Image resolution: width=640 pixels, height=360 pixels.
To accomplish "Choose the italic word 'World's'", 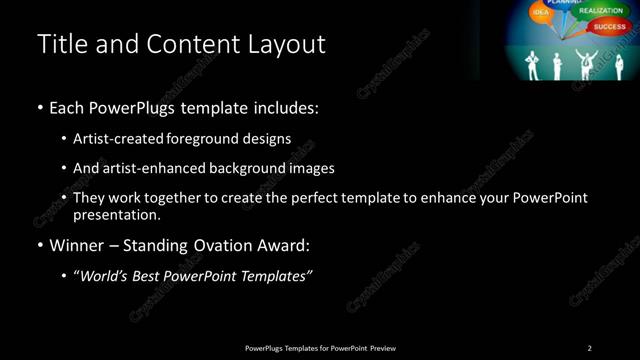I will [106, 277].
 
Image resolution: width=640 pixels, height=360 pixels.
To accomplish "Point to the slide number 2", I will [590, 348].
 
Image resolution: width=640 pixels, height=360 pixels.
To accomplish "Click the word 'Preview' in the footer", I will [383, 348].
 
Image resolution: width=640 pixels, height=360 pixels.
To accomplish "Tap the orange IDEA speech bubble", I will [541, 12].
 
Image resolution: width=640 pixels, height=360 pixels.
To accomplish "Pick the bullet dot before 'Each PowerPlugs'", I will [40, 107].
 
